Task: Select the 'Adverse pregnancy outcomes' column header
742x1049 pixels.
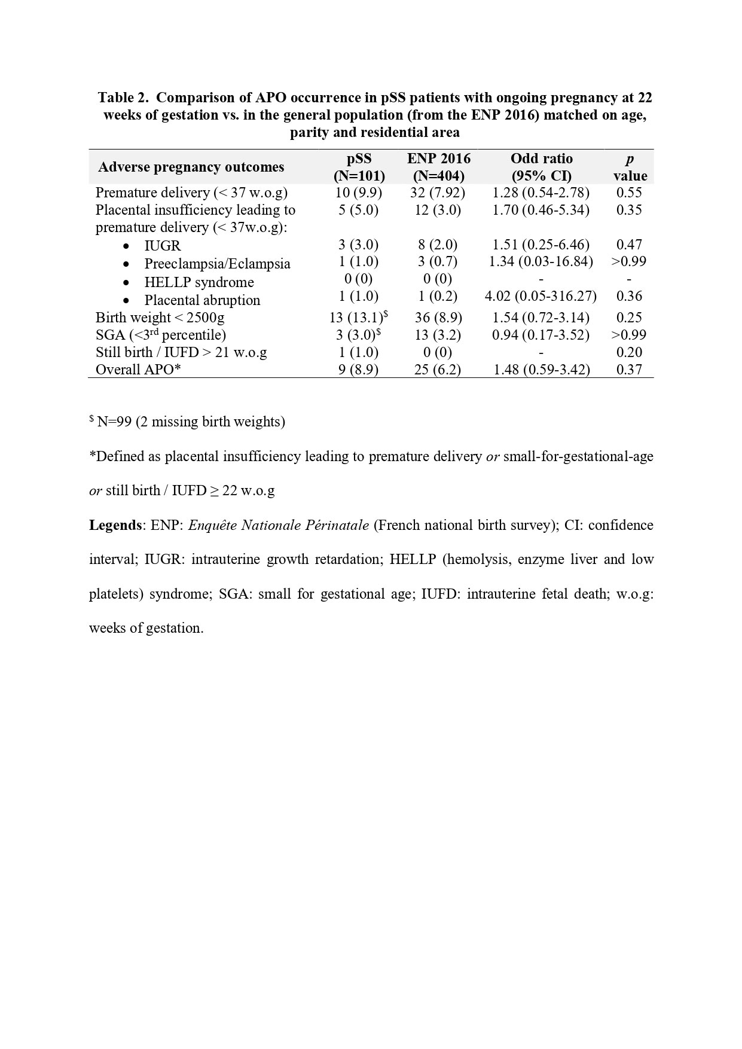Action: [191, 167]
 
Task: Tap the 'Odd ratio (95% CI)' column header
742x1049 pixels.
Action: [541, 167]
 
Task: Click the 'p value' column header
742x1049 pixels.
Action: [630, 167]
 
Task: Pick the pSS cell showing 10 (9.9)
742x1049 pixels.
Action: [359, 193]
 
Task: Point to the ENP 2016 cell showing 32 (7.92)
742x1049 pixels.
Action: [438, 193]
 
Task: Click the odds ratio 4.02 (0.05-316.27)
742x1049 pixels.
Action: [541, 296]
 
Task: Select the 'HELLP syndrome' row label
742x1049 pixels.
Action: [199, 282]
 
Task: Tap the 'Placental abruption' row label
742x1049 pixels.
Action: [202, 300]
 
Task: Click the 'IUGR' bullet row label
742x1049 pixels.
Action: [163, 246]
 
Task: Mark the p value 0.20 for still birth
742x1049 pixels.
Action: [629, 352]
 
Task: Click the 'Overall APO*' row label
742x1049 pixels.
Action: [138, 370]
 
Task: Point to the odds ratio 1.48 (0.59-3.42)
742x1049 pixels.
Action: [541, 370]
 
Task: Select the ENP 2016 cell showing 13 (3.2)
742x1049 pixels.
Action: [438, 335]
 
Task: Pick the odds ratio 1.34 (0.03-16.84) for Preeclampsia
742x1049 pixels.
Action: [541, 261]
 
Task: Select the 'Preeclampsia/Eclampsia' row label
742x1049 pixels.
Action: [217, 264]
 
